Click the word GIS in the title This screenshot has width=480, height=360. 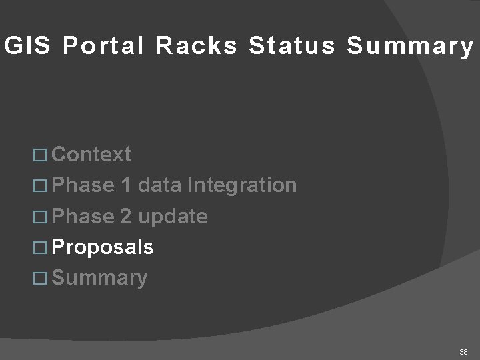pos(22,46)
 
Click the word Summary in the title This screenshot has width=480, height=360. pos(409,47)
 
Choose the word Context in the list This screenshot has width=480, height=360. pos(91,155)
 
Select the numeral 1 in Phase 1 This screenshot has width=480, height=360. pos(127,185)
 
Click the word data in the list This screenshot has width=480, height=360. pos(159,185)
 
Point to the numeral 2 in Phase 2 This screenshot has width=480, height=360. pos(127,216)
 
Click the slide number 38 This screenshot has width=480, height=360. pos(463,351)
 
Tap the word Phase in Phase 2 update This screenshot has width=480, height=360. pos(83,216)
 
